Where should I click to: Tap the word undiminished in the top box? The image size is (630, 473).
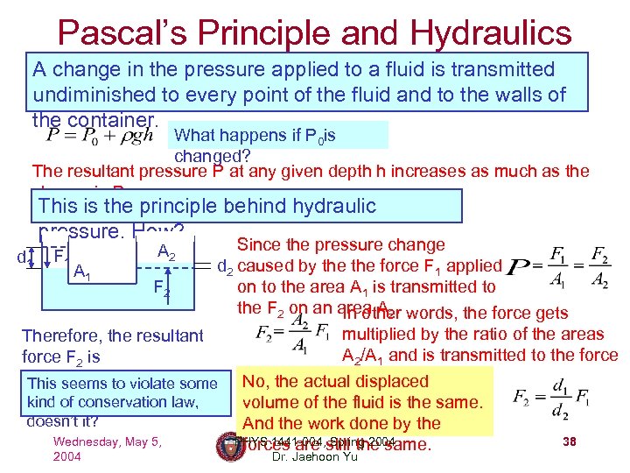[100, 94]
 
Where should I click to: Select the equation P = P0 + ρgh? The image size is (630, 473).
[101, 138]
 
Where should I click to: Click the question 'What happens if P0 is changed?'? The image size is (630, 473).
[254, 145]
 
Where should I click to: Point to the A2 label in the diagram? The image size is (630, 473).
[166, 252]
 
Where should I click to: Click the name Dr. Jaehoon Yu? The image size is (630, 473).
[316, 456]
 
